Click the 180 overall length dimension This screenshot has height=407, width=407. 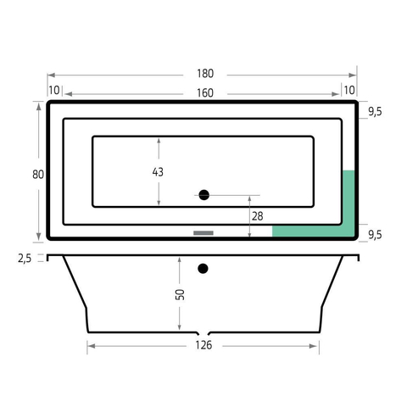pos(205,74)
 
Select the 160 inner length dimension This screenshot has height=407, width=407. pos(205,93)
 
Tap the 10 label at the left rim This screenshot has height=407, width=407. pos(54,91)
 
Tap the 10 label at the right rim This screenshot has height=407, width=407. pos(349,91)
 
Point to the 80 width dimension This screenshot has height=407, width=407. pos(38,175)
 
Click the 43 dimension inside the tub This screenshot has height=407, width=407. pos(158,172)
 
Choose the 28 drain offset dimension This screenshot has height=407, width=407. pos(258,216)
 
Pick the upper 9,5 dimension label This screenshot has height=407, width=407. pos(375,112)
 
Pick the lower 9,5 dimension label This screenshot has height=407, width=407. pos(375,235)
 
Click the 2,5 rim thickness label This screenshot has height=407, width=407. pos(25,259)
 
